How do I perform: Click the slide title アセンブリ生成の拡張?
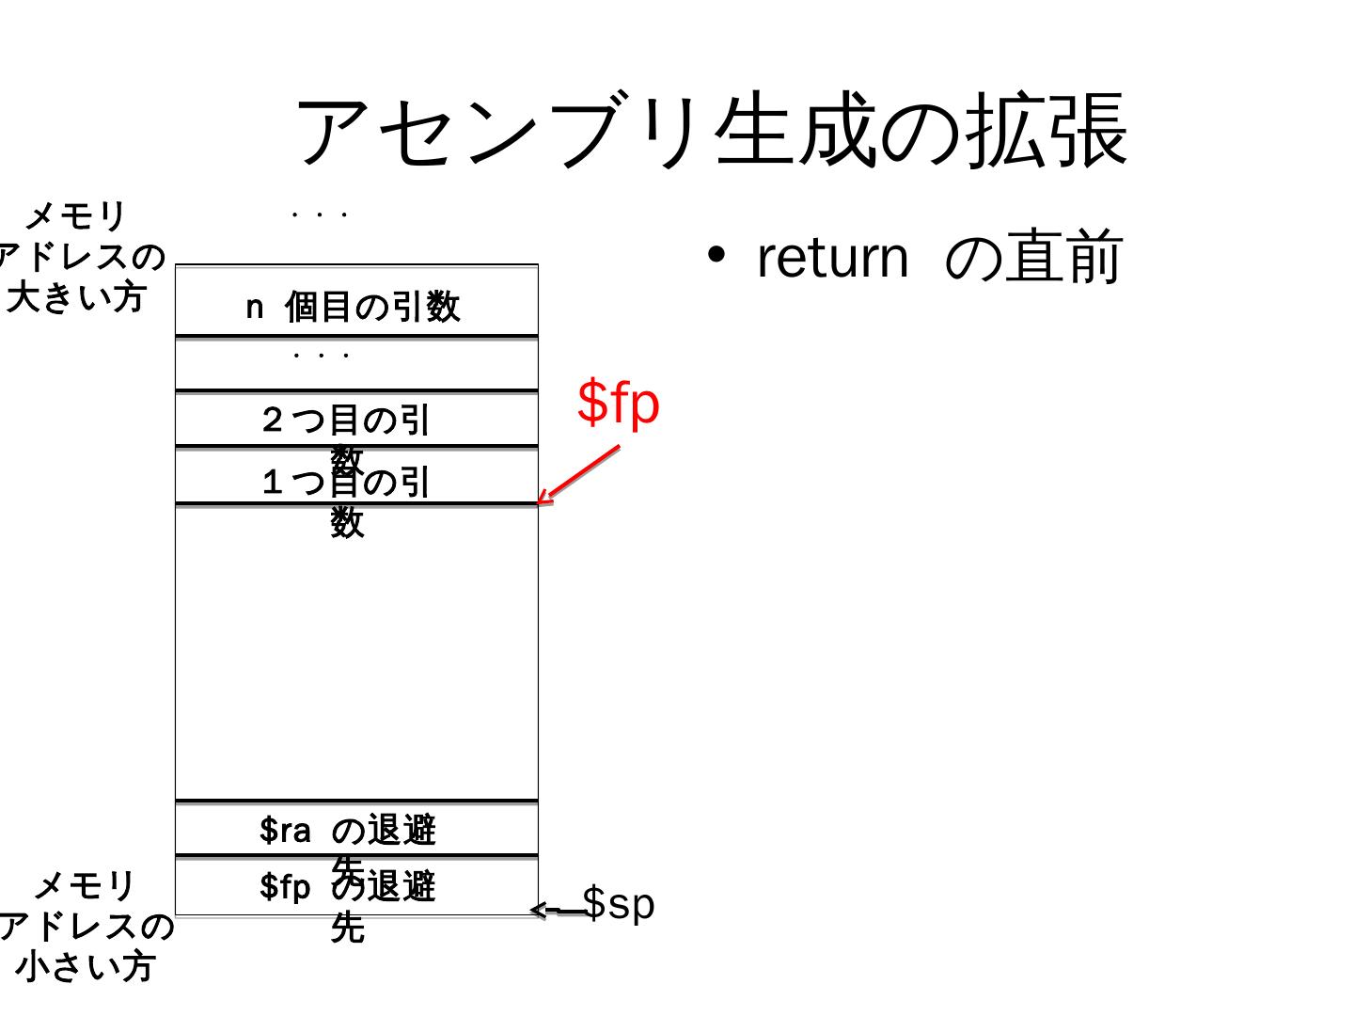712,131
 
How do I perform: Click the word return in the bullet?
832,257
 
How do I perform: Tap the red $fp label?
618,402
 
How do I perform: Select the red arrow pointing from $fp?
578,475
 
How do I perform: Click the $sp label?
618,903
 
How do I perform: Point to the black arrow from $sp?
557,910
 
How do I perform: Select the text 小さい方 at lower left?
84,966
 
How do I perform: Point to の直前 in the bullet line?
1033,257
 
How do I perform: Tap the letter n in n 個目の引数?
254,307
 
